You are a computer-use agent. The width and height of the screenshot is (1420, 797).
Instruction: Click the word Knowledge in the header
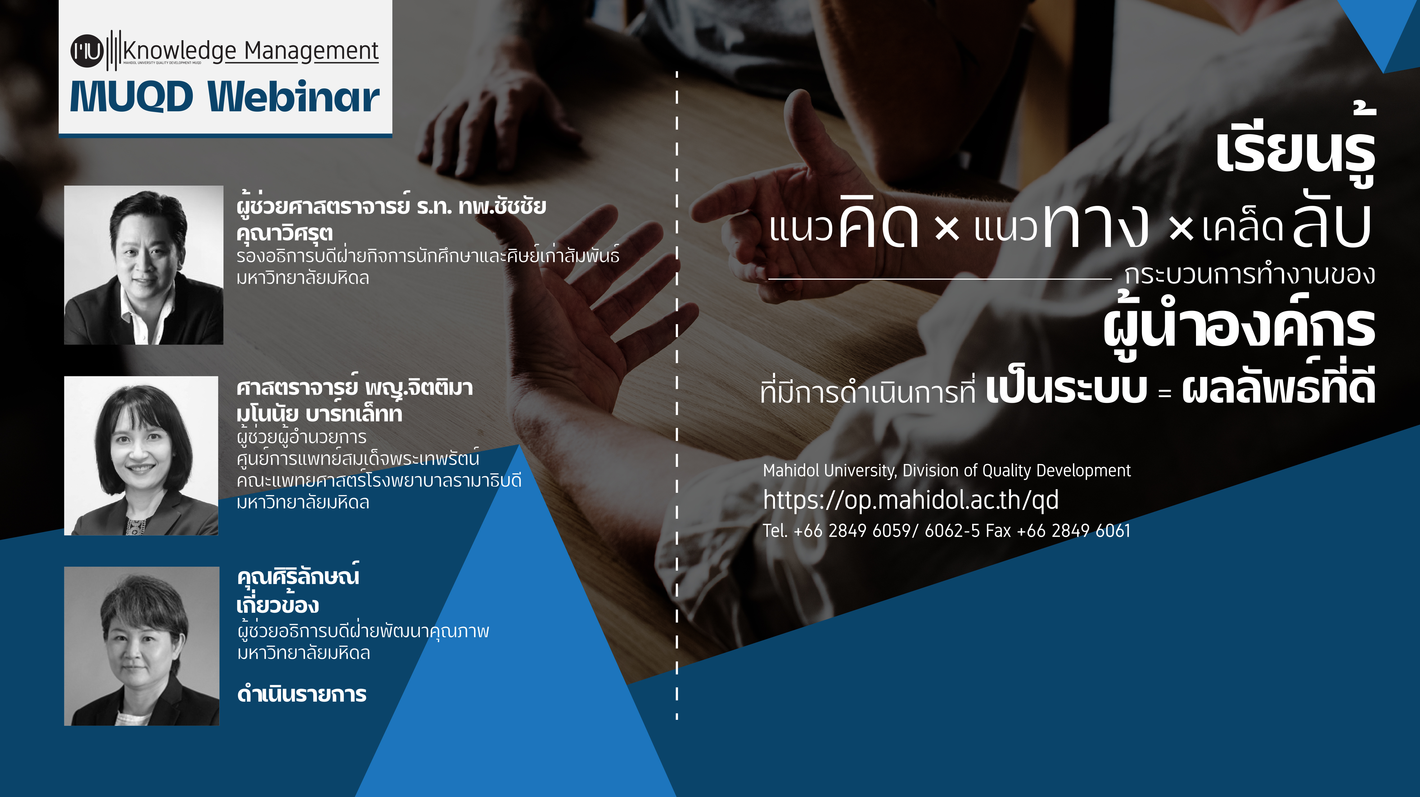pos(180,51)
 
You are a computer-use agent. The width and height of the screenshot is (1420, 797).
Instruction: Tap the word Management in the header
pos(311,51)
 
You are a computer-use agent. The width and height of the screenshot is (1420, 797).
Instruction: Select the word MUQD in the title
pos(131,96)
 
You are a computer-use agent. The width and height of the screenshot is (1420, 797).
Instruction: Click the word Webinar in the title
pos(294,96)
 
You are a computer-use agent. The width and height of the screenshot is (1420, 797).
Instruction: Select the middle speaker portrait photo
pos(141,455)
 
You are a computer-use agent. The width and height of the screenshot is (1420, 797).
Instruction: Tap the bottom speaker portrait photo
pos(142,646)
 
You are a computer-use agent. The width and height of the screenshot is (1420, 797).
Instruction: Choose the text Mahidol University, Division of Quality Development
pos(946,471)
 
